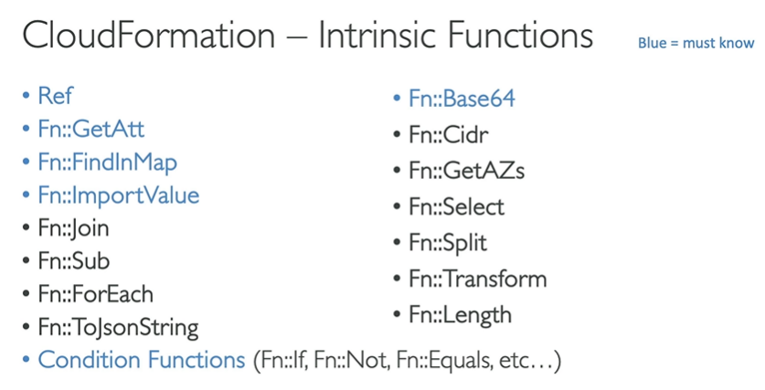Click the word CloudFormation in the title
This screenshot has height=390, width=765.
149,37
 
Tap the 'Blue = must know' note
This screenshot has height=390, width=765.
696,43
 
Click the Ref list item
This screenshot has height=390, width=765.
55,96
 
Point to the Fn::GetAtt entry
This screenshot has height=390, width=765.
90,130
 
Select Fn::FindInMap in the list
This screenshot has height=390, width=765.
107,163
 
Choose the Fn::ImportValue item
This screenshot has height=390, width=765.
118,195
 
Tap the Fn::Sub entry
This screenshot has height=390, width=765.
73,261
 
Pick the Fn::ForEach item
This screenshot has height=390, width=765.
95,294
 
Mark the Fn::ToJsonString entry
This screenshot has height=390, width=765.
118,327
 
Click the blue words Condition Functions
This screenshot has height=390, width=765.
141,360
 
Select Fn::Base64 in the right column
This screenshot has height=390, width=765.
462,98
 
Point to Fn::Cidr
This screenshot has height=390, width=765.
448,136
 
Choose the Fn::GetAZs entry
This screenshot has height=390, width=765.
466,171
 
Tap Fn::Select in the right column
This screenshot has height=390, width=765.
456,207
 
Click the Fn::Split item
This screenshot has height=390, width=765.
448,243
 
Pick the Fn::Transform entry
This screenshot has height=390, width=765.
477,279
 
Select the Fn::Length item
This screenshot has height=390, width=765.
460,315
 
